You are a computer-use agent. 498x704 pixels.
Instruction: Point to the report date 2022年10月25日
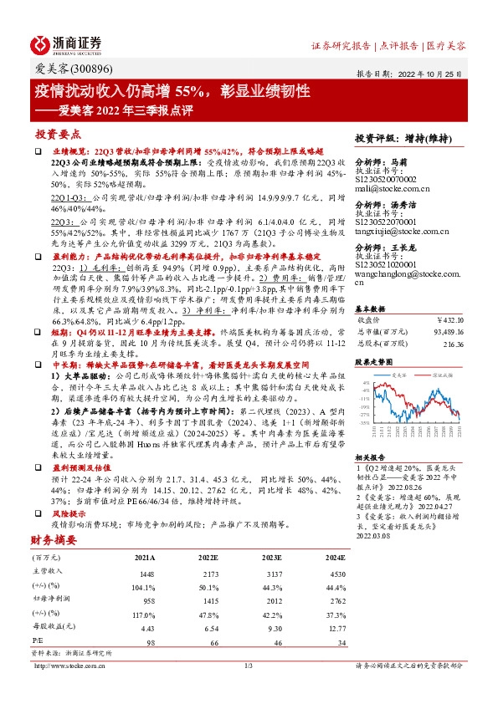(x=435, y=73)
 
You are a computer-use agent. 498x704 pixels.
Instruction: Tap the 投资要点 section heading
(x=57, y=134)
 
